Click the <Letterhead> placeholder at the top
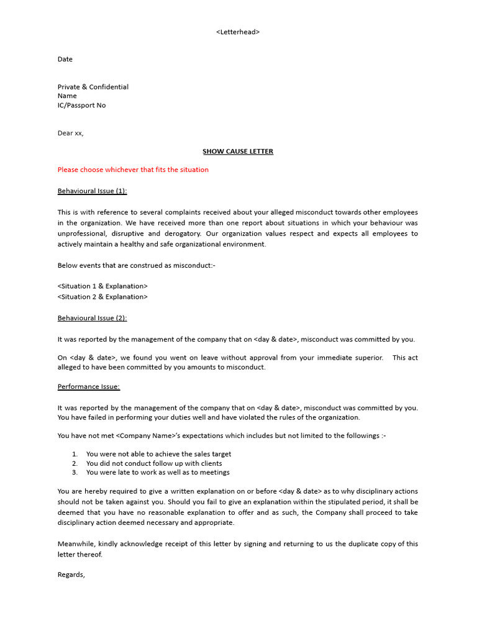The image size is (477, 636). (238, 32)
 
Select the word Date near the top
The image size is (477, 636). (65, 59)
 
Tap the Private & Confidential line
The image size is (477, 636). (93, 87)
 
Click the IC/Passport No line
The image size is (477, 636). (82, 105)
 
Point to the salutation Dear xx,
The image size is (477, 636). (71, 133)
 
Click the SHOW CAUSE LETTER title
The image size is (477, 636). (238, 151)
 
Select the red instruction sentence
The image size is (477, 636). (133, 170)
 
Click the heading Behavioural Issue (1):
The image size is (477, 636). (93, 191)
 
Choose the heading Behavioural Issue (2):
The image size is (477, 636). (93, 318)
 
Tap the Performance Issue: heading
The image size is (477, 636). (89, 386)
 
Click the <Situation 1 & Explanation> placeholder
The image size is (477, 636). (102, 286)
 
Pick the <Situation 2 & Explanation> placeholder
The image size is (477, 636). (102, 296)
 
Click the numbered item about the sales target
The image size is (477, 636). (158, 454)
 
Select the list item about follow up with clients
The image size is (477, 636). (154, 463)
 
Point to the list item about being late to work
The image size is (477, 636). (158, 472)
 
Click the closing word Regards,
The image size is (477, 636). (71, 575)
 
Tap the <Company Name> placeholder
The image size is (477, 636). (145, 435)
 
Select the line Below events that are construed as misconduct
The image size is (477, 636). (137, 265)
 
